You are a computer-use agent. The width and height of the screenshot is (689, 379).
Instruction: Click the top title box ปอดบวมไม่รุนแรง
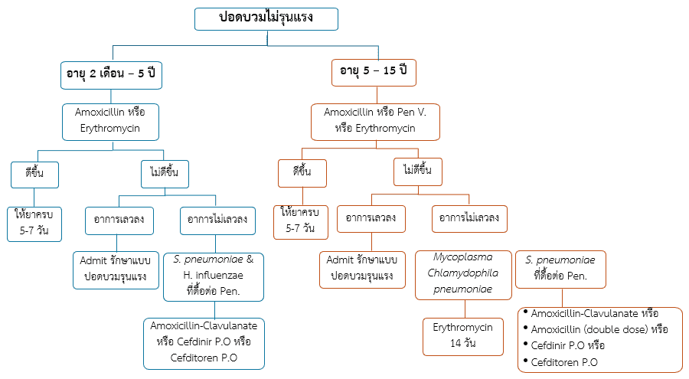[x=266, y=18]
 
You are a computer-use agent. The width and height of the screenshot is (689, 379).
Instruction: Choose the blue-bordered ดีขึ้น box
[x=34, y=173]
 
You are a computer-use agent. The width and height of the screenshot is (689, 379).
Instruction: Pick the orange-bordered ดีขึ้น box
[x=302, y=173]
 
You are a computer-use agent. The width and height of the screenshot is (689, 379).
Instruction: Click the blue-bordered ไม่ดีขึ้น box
[x=165, y=173]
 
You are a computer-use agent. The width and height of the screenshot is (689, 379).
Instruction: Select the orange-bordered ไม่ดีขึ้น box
[x=417, y=171]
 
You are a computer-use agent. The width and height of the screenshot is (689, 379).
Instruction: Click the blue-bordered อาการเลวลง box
[x=119, y=219]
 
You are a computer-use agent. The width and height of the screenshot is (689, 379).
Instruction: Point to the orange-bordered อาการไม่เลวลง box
[x=469, y=219]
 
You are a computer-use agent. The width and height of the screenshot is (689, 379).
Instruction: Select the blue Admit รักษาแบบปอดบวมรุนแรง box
[x=115, y=268]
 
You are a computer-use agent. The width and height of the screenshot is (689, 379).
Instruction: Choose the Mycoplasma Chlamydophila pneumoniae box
[x=463, y=273]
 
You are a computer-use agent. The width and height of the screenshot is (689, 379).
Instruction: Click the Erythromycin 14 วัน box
[x=463, y=335]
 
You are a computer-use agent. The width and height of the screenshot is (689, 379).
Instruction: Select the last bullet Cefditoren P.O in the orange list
[x=564, y=362]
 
